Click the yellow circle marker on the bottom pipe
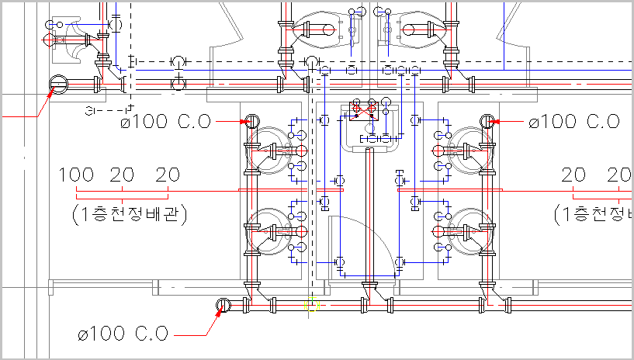311,305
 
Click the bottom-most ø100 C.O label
123,334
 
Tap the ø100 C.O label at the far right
574,121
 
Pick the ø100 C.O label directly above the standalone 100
166,121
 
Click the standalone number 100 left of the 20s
76,175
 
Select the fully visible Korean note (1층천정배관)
130,214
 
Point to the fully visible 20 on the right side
573,175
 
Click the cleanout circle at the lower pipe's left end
223,306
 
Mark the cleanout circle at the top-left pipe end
59,85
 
